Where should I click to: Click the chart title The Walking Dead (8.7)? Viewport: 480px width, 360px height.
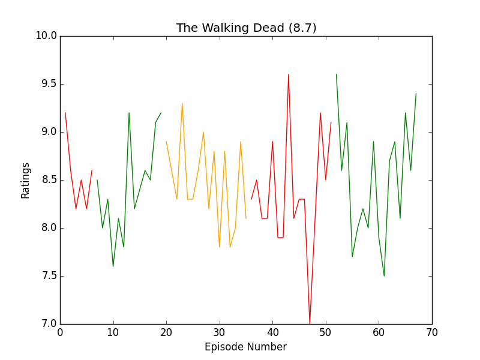click(246, 28)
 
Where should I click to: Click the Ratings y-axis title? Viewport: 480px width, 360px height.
click(26, 180)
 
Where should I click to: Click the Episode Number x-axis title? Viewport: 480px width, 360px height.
click(245, 347)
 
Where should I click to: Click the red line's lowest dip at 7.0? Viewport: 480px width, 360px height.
click(310, 323)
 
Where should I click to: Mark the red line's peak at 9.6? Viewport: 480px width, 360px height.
click(289, 74)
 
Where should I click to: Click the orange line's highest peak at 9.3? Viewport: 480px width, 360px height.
click(182, 103)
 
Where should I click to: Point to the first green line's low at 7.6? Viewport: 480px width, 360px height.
click(113, 266)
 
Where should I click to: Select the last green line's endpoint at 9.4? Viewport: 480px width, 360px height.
click(416, 94)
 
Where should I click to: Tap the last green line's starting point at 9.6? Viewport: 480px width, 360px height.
click(336, 74)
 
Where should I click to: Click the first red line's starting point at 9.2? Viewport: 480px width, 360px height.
click(65, 113)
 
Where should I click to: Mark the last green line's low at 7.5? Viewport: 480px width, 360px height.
click(384, 276)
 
